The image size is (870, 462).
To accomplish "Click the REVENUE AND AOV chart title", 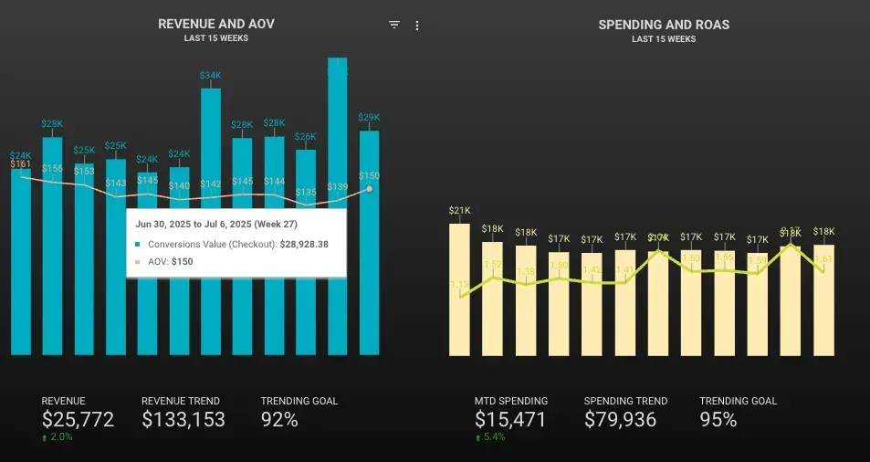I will [x=215, y=25].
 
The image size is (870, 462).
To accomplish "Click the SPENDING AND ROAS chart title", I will [x=663, y=25].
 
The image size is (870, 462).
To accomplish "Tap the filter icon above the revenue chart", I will [x=394, y=26].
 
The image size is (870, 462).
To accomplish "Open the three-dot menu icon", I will [x=417, y=26].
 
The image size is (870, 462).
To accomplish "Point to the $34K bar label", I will [x=210, y=75].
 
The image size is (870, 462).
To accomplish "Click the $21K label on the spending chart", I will [x=459, y=211].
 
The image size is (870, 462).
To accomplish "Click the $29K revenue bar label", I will [x=369, y=118].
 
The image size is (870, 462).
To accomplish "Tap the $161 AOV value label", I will [x=20, y=164].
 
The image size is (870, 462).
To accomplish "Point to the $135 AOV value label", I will [x=306, y=193].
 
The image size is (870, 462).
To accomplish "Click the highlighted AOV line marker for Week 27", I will [x=369, y=189].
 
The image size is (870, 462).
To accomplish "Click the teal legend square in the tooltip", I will [x=138, y=245].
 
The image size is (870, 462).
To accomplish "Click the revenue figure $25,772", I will [x=78, y=420].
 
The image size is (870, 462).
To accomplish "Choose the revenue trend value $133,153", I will [x=183, y=420].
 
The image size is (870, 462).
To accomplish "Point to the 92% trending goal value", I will [x=279, y=420].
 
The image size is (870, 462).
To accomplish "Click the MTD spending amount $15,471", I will [x=510, y=420].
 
